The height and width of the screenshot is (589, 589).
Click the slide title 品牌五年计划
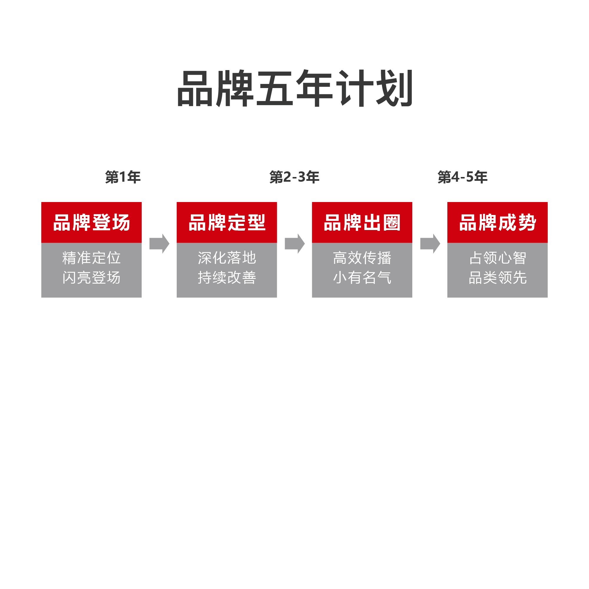(x=294, y=88)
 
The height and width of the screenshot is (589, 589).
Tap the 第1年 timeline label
(x=123, y=177)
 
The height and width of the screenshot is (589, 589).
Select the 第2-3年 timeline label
(x=294, y=177)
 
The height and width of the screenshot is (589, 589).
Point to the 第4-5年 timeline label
(x=462, y=177)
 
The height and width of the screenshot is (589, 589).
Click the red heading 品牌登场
(x=92, y=222)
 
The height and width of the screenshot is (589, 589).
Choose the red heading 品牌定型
(x=227, y=222)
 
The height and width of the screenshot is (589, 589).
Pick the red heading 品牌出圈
(x=362, y=222)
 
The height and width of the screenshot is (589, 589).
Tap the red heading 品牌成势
(x=497, y=222)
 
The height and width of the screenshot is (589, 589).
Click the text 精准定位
(x=92, y=258)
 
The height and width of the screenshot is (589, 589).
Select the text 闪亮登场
(x=92, y=277)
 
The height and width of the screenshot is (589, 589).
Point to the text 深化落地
(x=227, y=258)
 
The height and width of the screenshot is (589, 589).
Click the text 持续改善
(x=227, y=277)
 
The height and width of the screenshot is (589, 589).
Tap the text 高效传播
(x=362, y=258)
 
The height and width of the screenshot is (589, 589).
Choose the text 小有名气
(x=362, y=277)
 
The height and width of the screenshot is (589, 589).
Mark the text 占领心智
(x=497, y=258)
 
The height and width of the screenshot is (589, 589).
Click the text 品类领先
(x=497, y=277)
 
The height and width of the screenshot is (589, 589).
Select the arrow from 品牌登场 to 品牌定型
(x=159, y=244)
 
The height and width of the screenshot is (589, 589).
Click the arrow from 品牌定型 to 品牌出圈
(x=294, y=244)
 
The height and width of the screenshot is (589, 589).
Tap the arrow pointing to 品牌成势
(x=430, y=244)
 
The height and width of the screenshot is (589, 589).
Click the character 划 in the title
(x=394, y=88)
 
